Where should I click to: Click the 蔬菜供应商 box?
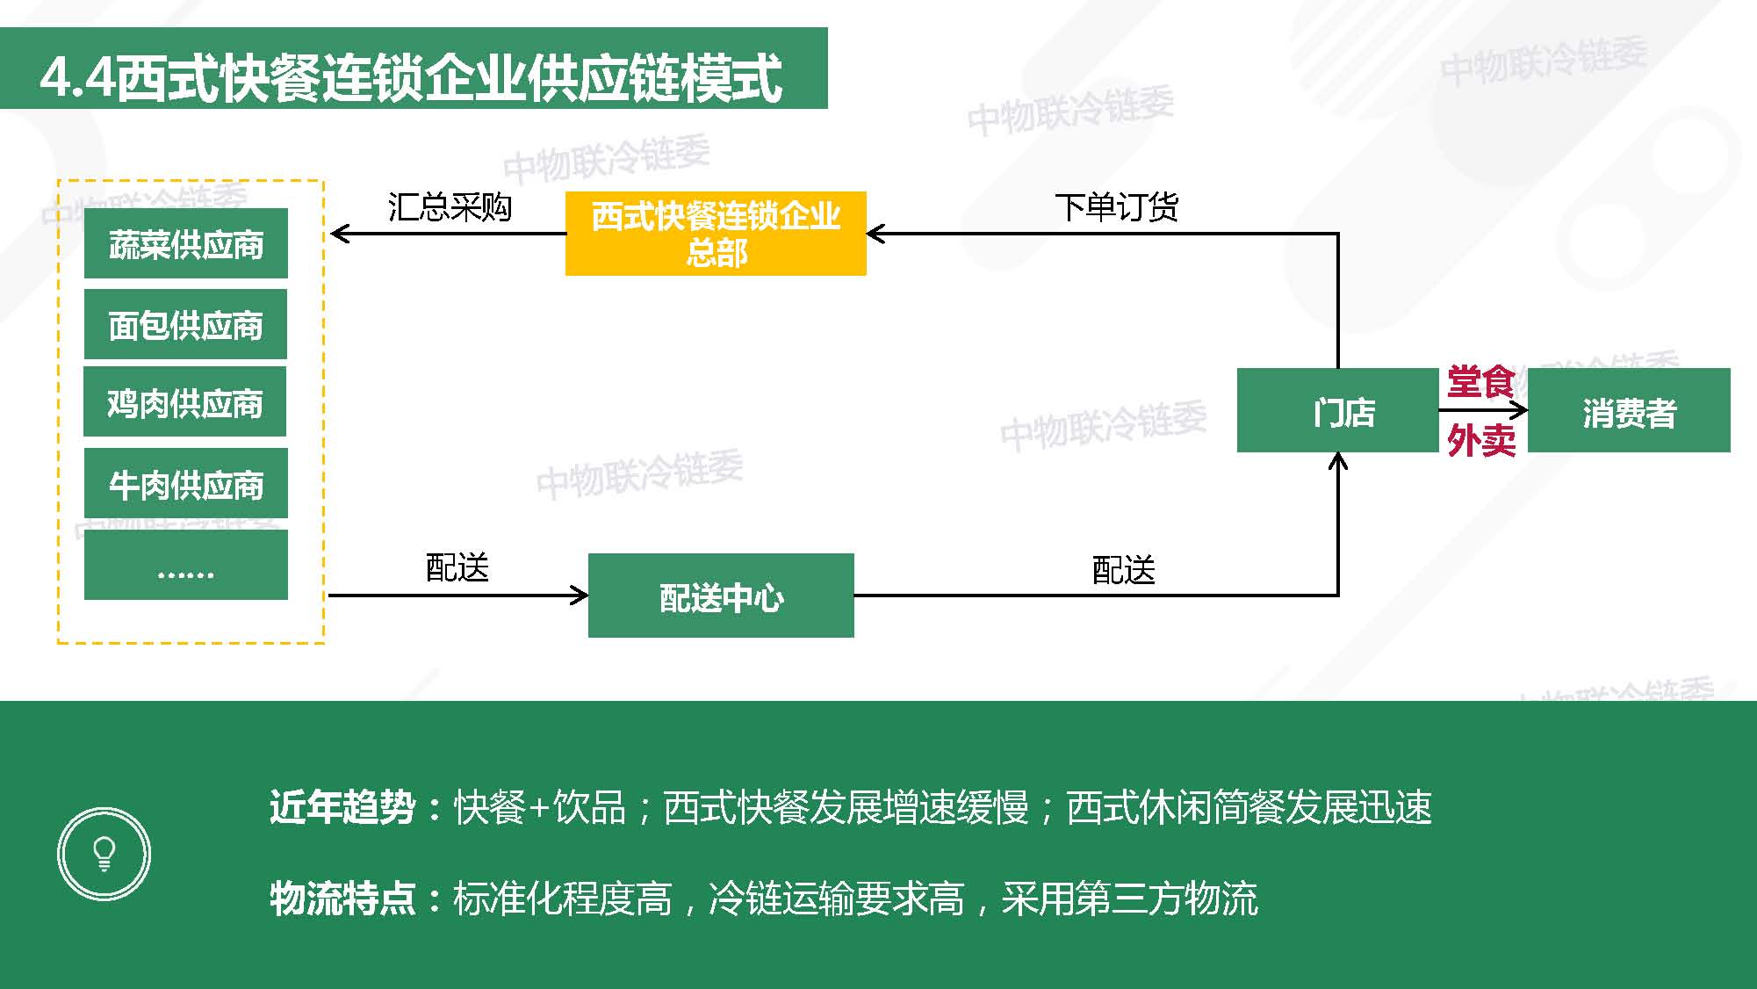[x=185, y=243]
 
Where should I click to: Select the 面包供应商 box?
[x=185, y=324]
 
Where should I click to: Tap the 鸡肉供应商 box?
[x=185, y=402]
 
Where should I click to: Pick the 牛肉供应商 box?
[x=185, y=483]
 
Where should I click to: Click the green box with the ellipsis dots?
[x=185, y=565]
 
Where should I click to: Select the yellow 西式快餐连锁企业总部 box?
[x=716, y=234]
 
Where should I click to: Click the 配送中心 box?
[x=721, y=596]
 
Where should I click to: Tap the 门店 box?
[x=1337, y=410]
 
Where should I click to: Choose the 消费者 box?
[x=1629, y=410]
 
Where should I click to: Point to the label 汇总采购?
[x=450, y=207]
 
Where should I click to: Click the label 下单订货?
[x=1116, y=207]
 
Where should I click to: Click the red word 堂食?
[x=1481, y=382]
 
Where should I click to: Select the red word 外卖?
[x=1481, y=440]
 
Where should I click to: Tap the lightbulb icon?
[x=104, y=854]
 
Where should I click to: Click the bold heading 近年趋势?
[x=342, y=807]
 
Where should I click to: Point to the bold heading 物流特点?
[x=342, y=899]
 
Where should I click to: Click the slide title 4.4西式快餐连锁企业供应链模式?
[x=411, y=77]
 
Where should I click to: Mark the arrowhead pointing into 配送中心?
[x=580, y=596]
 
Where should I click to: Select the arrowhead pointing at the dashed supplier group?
[x=340, y=234]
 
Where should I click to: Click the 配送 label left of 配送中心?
[x=457, y=568]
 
